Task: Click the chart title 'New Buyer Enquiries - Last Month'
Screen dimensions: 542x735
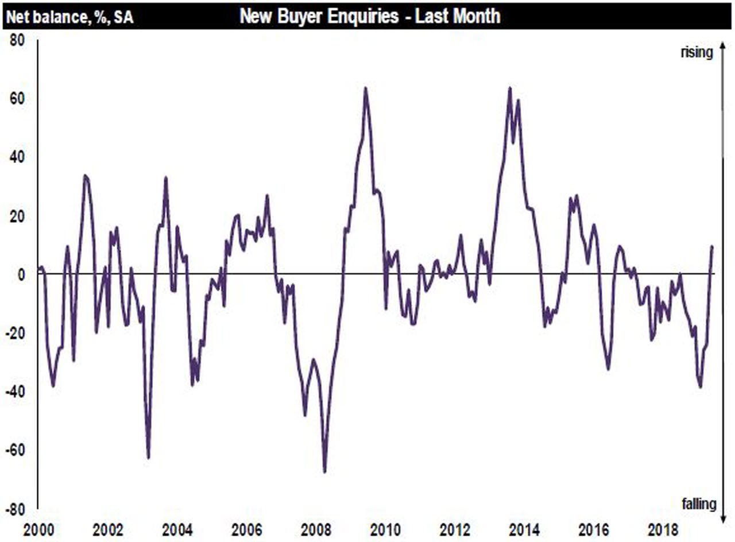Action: click(369, 16)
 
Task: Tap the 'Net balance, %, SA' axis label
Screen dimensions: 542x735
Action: click(69, 17)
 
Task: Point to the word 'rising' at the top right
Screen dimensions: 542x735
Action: click(697, 52)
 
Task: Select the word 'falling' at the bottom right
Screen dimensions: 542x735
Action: click(699, 504)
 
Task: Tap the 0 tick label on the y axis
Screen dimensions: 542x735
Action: click(24, 274)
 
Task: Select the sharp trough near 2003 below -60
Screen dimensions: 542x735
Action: click(148, 458)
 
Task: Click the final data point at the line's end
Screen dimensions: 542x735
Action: click(713, 246)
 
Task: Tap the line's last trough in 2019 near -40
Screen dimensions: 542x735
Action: click(700, 387)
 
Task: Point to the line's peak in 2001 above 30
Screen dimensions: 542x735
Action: click(85, 176)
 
